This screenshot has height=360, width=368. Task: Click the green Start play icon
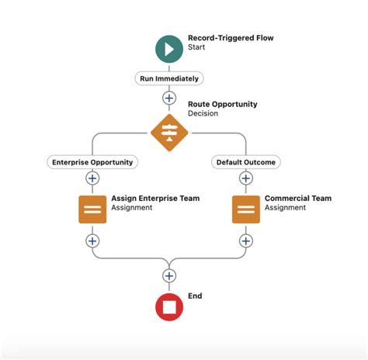[169, 48]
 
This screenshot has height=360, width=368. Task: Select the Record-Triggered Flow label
[231, 38]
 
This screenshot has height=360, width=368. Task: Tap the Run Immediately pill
[169, 78]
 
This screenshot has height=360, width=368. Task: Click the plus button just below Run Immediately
[169, 98]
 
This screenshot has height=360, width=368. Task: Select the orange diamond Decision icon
[169, 133]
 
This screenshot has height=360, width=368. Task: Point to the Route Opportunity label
[222, 104]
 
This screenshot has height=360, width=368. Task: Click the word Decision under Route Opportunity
[203, 114]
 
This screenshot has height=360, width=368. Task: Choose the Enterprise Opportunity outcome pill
[92, 162]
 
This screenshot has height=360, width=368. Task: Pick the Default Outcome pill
[246, 162]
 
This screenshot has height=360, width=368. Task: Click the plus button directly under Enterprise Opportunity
[92, 178]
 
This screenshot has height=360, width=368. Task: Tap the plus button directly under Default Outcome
[246, 178]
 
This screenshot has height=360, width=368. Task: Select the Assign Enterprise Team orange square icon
[92, 209]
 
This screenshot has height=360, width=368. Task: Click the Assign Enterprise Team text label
[155, 199]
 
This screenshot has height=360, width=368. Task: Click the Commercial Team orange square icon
[246, 209]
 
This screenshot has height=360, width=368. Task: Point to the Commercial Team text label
[297, 199]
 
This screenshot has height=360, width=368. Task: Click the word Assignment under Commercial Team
[285, 208]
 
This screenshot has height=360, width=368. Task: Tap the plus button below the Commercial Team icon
[246, 241]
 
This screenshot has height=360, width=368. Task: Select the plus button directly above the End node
[169, 275]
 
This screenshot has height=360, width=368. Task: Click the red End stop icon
[169, 306]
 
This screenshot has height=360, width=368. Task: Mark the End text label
[195, 296]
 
